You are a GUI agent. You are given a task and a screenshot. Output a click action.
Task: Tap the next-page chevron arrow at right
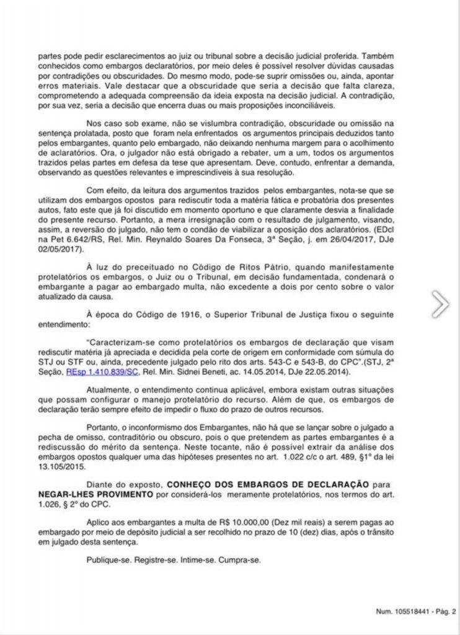tap(440, 304)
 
